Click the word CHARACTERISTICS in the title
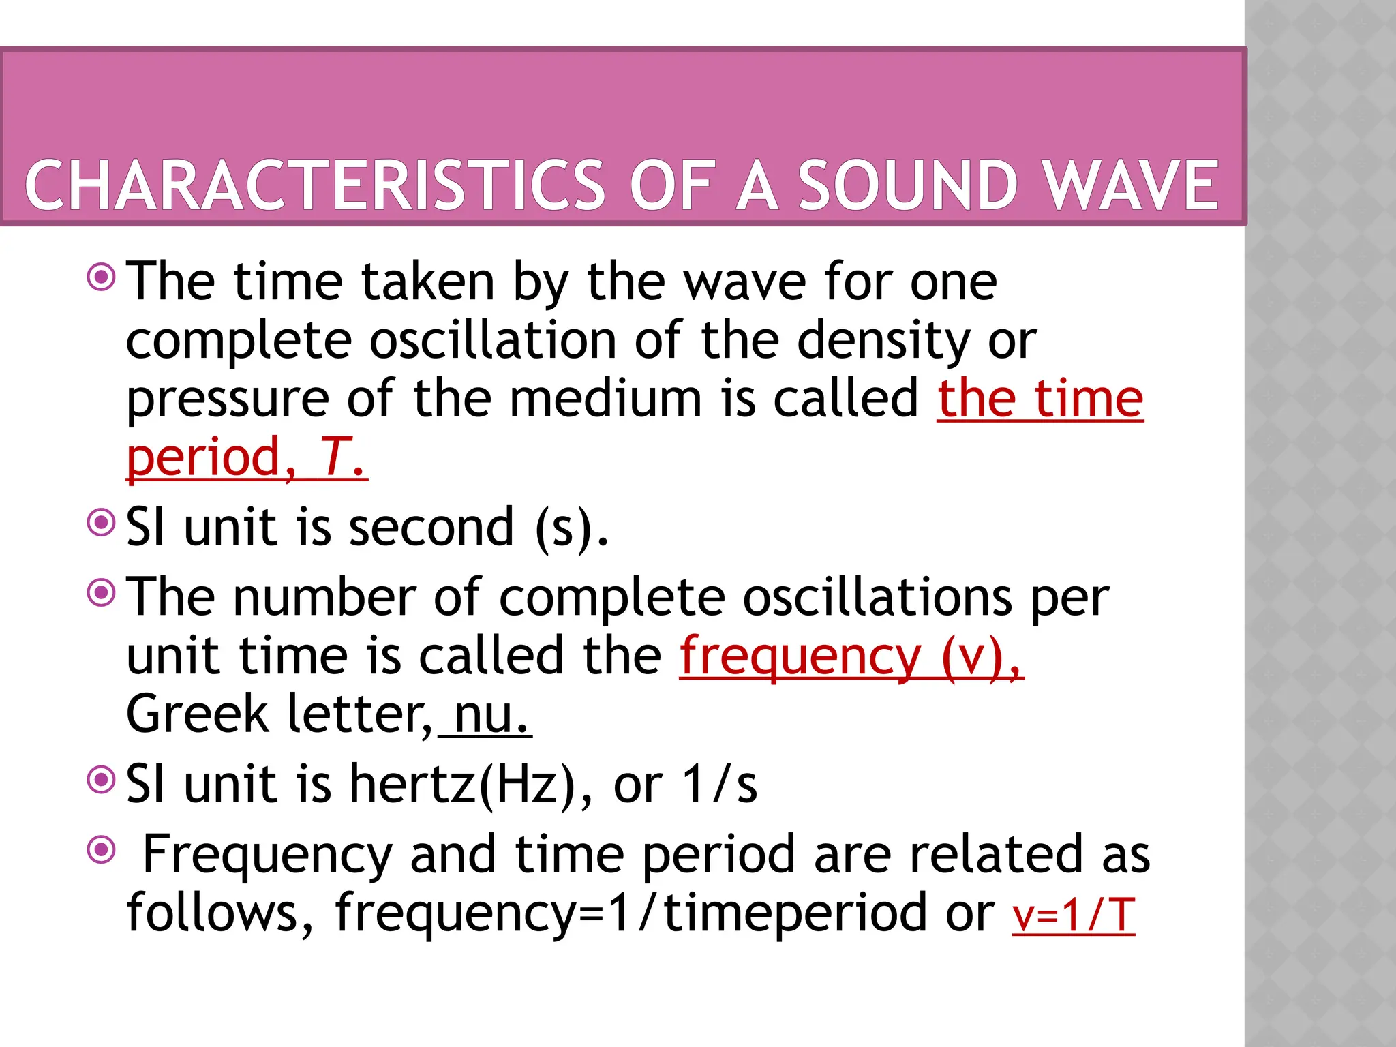(315, 185)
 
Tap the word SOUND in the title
(908, 185)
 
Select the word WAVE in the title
(1132, 185)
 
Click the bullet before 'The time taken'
(102, 277)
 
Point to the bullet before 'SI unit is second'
(102, 523)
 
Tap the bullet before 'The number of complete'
(102, 593)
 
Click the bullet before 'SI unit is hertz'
(102, 780)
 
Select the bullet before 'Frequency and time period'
(102, 849)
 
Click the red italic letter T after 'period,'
(336, 457)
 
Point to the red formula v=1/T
(1074, 915)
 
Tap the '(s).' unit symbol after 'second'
(571, 528)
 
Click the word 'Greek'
(198, 714)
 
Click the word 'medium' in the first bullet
(605, 399)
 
